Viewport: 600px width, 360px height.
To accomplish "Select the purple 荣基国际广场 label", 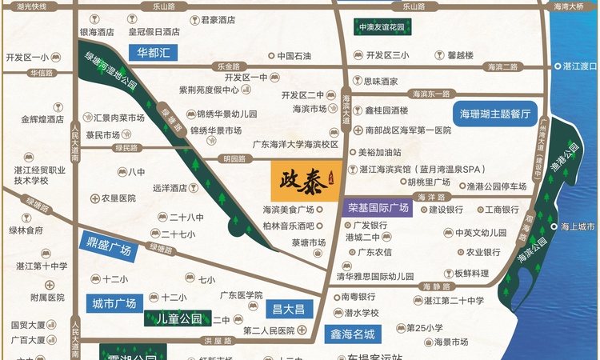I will (378, 208).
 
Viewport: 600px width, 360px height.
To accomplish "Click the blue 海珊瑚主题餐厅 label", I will (494, 114).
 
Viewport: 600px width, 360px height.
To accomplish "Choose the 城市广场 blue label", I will (114, 304).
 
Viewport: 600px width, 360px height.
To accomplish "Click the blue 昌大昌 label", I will (289, 310).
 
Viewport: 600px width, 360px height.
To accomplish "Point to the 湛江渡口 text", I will (580, 66).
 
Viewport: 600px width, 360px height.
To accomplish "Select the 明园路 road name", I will (234, 158).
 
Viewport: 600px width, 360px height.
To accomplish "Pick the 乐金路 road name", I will (228, 66).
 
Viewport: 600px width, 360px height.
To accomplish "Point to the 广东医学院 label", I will (242, 294).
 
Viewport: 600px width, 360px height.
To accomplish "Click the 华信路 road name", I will (40, 73).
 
